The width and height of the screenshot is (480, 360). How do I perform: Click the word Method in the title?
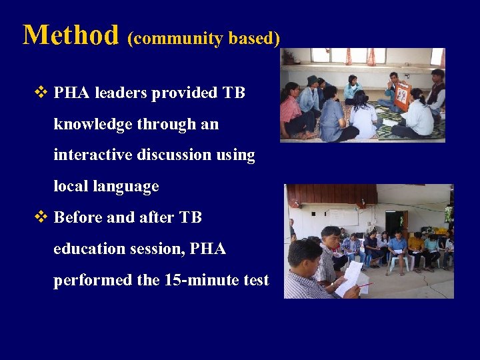(x=70, y=35)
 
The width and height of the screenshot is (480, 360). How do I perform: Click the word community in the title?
(x=176, y=39)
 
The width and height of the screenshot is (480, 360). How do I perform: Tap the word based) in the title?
(x=254, y=39)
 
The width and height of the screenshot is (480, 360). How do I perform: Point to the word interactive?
(x=99, y=155)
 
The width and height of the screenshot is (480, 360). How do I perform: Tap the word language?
(x=127, y=187)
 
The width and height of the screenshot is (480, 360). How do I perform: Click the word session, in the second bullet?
(x=155, y=249)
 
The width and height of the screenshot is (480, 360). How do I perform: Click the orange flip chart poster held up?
(x=401, y=96)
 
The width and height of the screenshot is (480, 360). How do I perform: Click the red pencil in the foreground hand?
(x=365, y=285)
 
